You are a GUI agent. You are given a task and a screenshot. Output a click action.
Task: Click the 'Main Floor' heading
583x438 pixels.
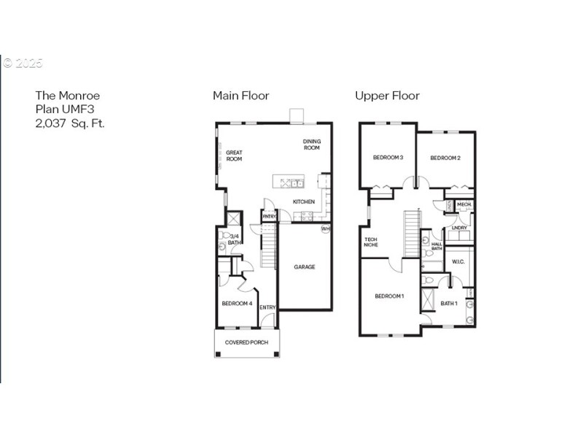click(x=240, y=96)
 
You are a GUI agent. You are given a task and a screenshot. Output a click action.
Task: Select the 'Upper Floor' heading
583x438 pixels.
click(x=387, y=96)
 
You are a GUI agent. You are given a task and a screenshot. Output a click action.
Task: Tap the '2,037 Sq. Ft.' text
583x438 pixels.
click(x=70, y=123)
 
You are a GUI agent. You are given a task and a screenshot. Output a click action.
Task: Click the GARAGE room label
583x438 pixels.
click(x=305, y=267)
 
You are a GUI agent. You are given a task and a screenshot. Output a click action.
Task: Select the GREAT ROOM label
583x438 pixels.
click(x=234, y=156)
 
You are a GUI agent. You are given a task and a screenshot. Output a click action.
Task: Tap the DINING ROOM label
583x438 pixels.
click(x=312, y=145)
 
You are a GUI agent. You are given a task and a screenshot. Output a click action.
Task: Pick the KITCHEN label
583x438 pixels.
click(x=304, y=201)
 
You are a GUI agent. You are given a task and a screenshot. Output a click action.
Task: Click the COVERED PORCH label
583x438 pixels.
click(x=246, y=342)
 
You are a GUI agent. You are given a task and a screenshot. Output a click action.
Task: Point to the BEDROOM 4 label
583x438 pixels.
click(x=237, y=304)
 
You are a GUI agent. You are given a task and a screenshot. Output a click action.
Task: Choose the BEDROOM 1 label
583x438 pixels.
click(x=389, y=296)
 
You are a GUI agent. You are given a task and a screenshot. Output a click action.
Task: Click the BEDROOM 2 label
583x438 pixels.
click(x=445, y=158)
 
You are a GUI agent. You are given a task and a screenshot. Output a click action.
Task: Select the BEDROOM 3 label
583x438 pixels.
click(x=388, y=158)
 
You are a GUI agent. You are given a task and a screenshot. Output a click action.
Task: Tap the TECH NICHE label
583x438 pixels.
click(x=371, y=242)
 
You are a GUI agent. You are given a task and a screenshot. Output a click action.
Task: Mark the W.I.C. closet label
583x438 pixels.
click(x=458, y=261)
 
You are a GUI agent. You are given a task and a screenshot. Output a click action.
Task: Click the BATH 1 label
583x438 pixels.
click(x=448, y=303)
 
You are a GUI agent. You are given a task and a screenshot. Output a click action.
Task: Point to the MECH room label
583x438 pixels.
click(x=464, y=204)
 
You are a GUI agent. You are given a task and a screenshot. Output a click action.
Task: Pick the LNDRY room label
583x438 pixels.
click(x=459, y=228)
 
